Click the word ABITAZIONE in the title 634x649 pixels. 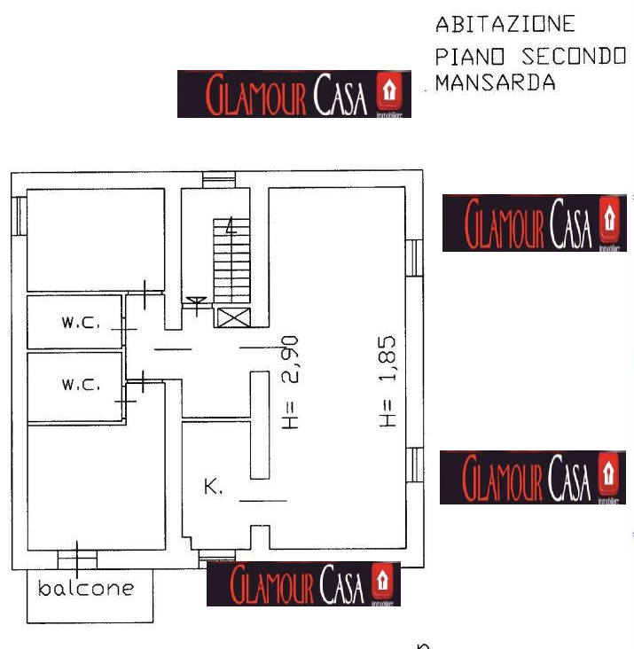505,24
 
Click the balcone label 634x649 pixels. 87,588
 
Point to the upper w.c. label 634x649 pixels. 81,323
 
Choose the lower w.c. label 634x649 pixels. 81,386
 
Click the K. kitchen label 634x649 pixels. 214,487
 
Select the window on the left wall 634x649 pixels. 18,215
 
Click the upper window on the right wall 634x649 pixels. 413,257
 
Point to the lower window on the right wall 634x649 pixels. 413,466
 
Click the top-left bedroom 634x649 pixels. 95,239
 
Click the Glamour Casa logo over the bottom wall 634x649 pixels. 304,584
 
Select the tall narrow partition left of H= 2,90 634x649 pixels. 259,425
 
